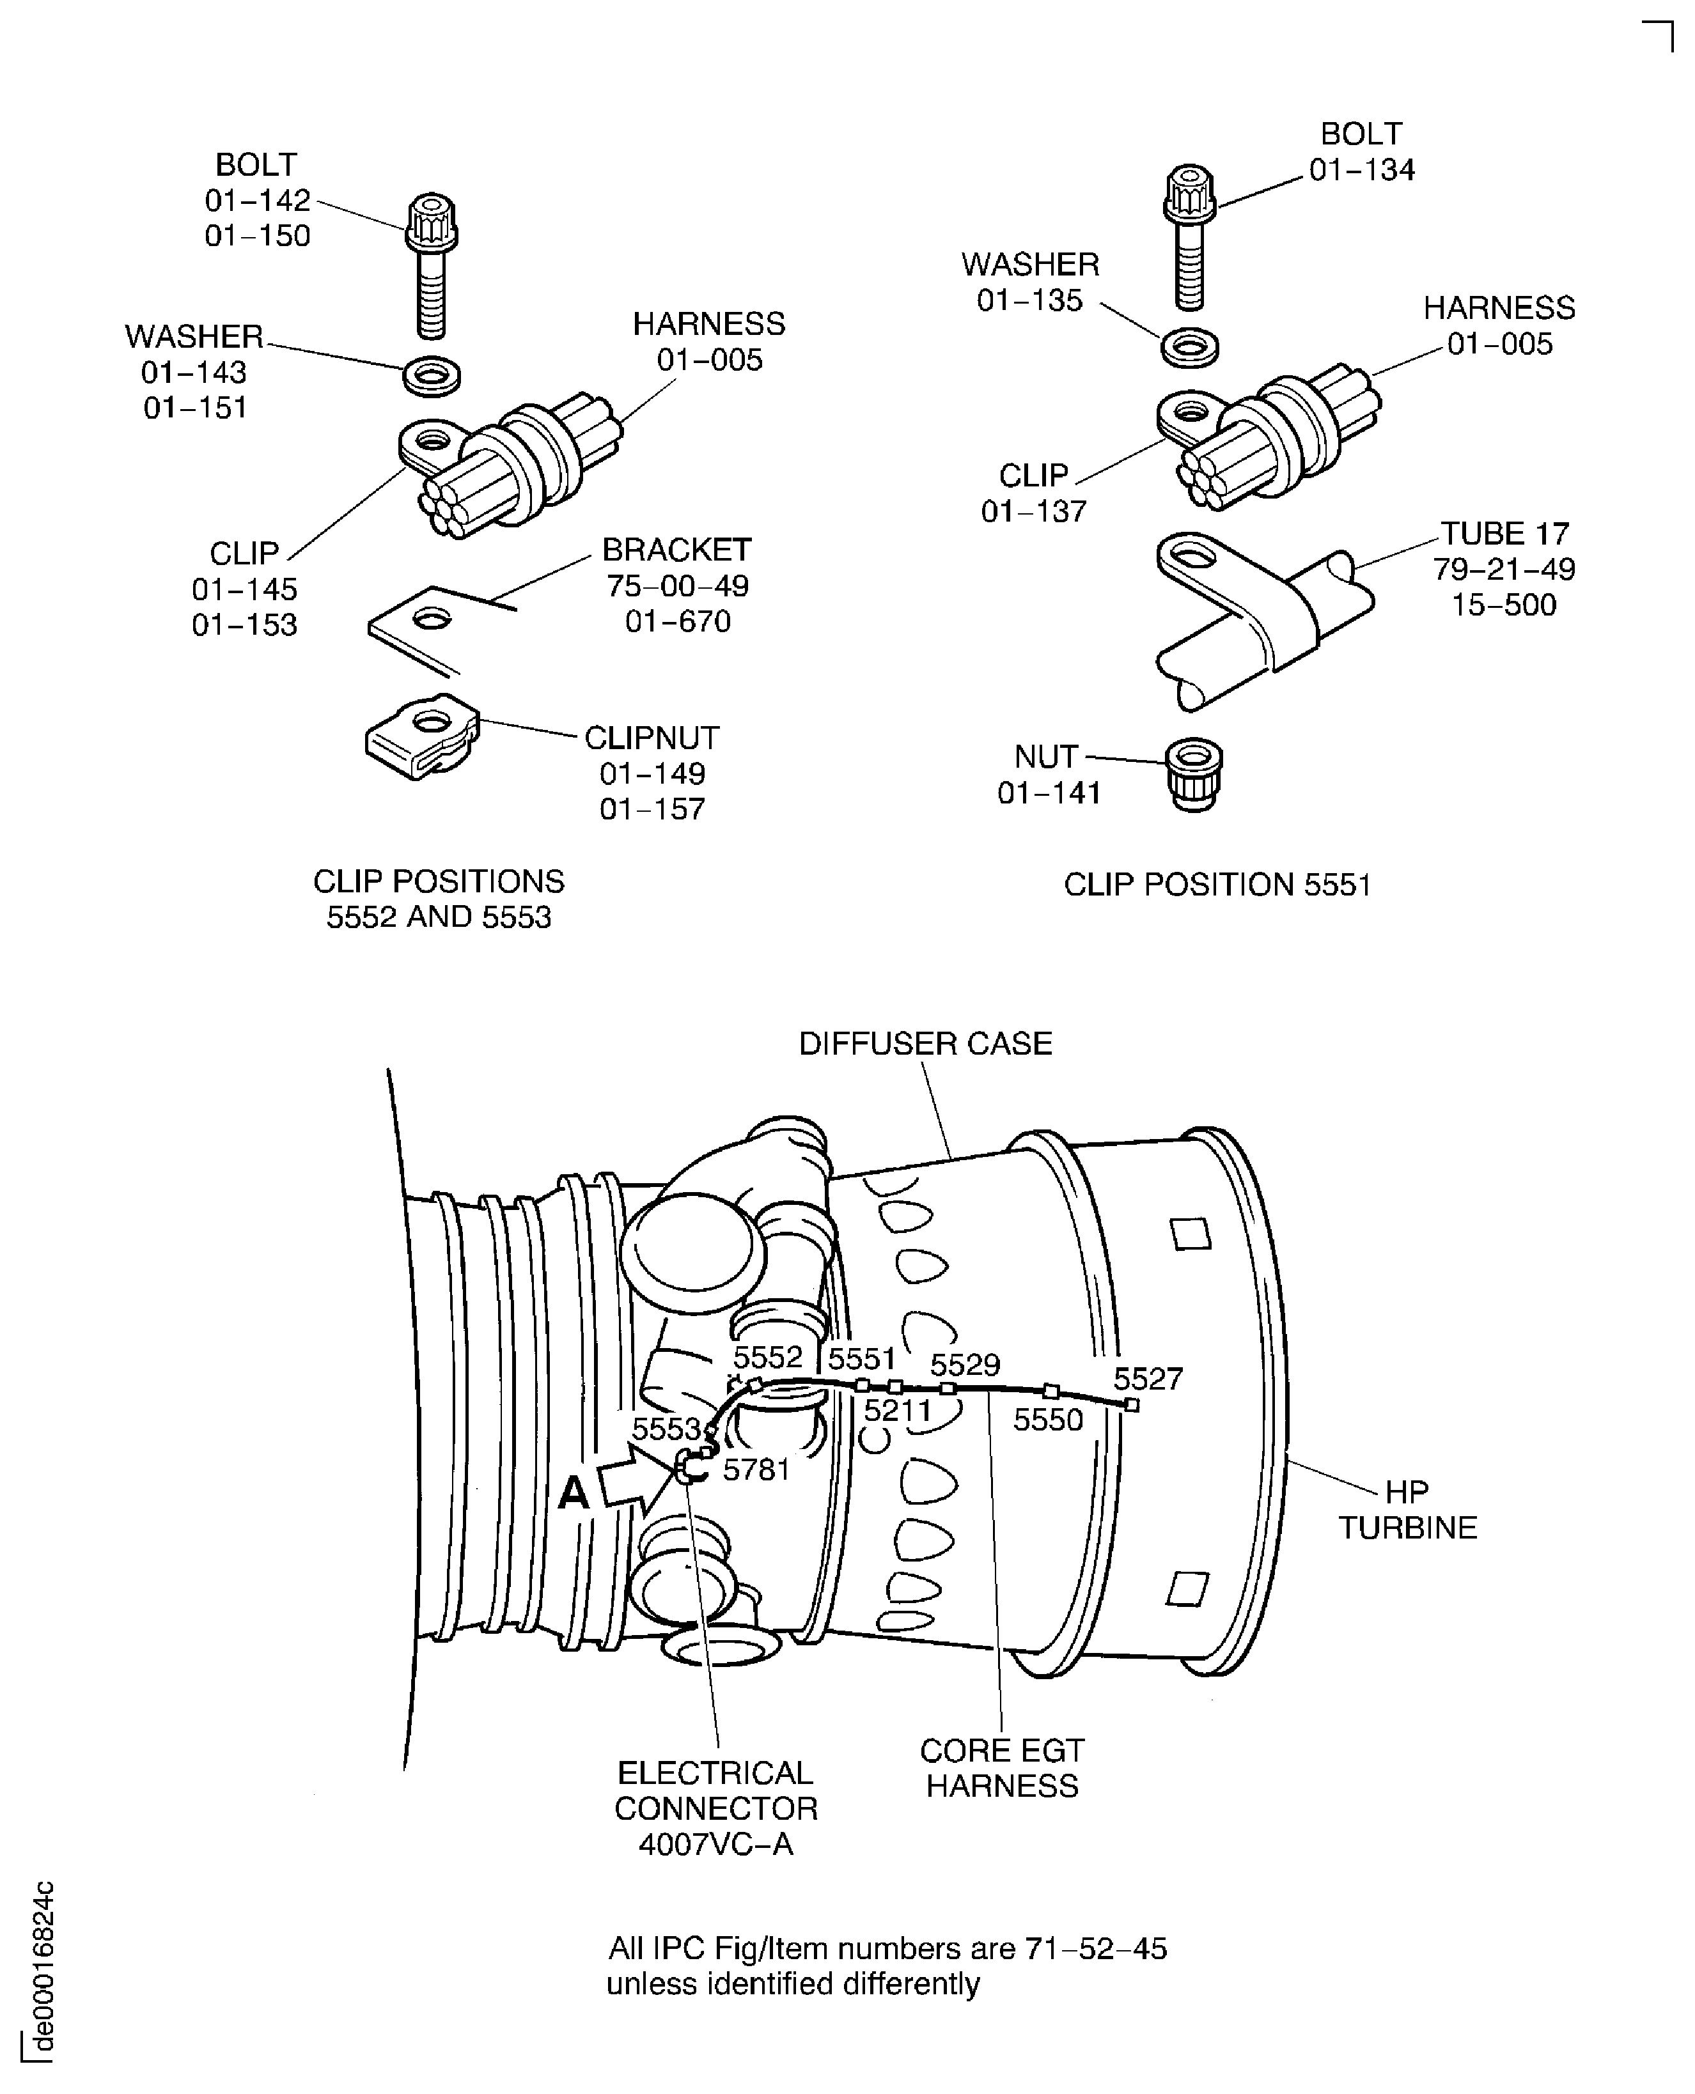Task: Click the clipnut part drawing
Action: pos(423,737)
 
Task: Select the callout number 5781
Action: pos(756,1470)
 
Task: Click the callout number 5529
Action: pos(965,1364)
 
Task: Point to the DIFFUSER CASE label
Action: pos(925,1044)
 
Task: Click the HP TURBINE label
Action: pos(1407,1509)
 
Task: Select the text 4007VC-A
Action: pos(715,1844)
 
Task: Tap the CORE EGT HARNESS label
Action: pos(1002,1768)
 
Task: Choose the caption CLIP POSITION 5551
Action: pos(1217,885)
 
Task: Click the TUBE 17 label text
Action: pos(1504,534)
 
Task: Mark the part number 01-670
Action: pos(678,621)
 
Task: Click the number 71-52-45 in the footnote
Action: pos(1095,1948)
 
